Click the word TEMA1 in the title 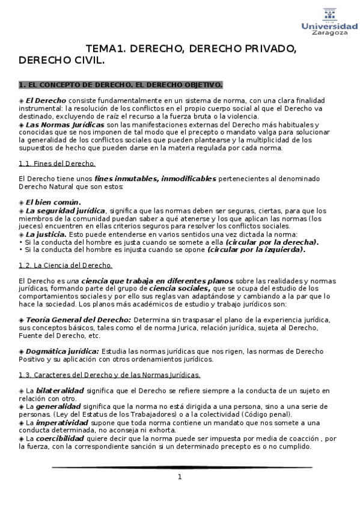tap(105, 49)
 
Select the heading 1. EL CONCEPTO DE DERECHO tap(120, 84)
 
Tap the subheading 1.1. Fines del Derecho tap(57, 163)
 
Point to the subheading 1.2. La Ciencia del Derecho tap(66, 265)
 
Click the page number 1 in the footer tap(179, 477)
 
